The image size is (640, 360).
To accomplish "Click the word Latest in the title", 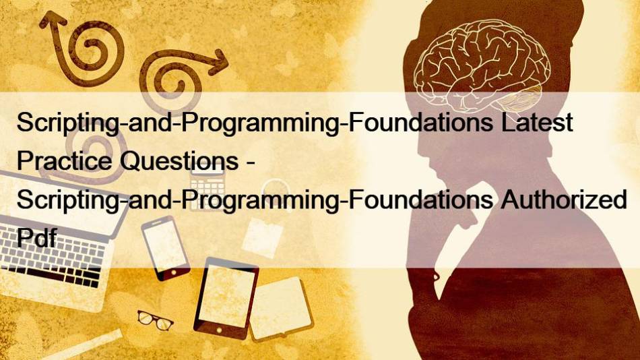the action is (x=537, y=122).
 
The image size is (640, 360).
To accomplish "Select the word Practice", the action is (x=64, y=160).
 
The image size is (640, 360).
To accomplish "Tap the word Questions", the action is (x=179, y=161).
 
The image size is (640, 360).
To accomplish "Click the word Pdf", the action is (x=36, y=237).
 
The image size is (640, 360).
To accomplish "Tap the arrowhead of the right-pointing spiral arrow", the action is (x=218, y=62).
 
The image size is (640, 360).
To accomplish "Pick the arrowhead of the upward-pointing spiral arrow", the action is (x=53, y=20).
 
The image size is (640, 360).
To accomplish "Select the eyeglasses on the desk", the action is (x=155, y=320).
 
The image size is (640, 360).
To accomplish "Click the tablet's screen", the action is (x=226, y=296).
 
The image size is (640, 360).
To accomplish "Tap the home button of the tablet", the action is (x=219, y=330).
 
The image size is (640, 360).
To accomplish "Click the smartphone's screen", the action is (x=164, y=245).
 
